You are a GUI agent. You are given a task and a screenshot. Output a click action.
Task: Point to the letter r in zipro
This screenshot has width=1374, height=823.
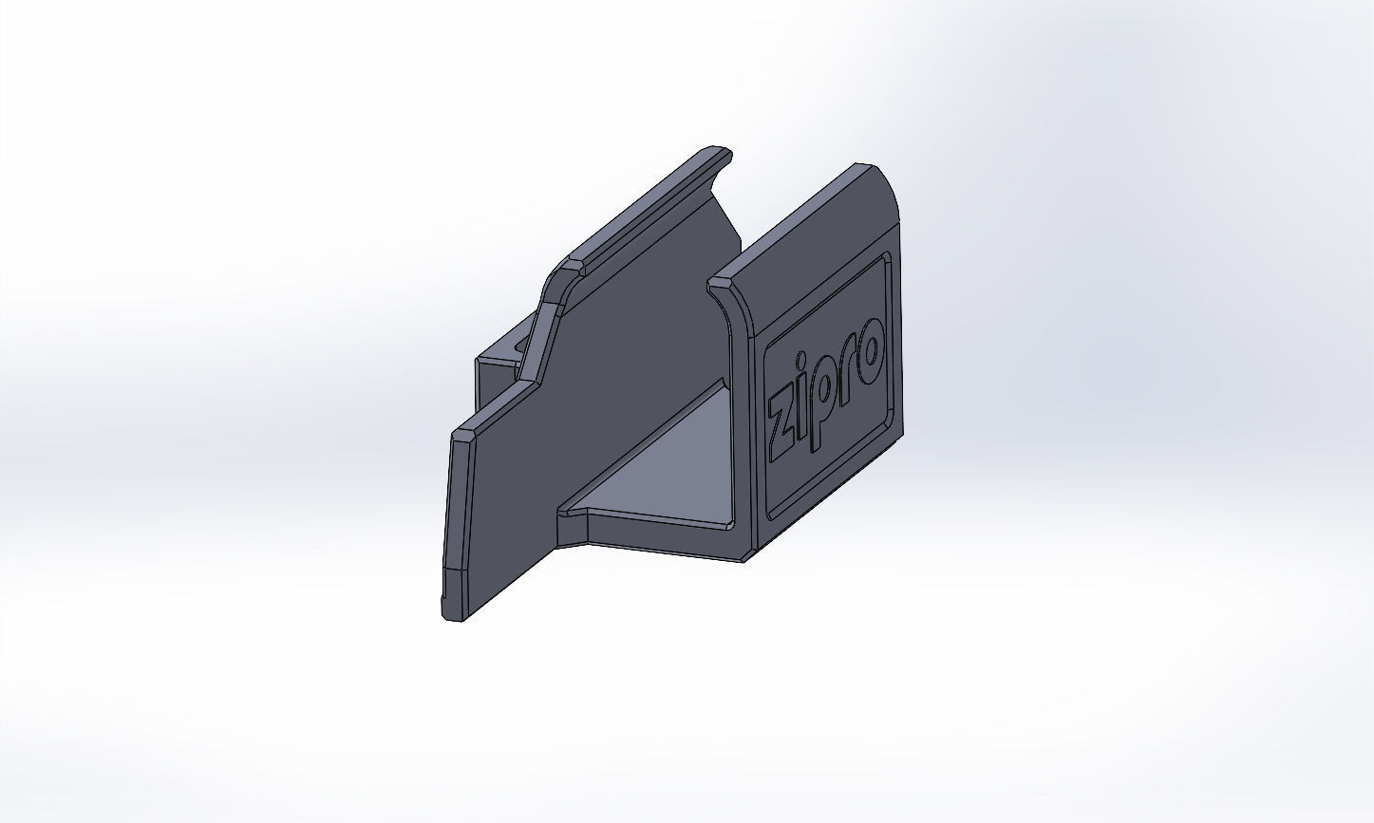pos(851,362)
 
